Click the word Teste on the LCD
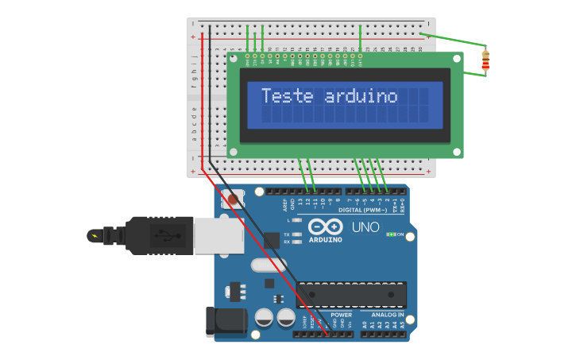288,96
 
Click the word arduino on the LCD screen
361,96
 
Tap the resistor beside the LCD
485,60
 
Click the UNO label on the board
365,227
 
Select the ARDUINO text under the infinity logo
326,239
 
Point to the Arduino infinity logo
326,226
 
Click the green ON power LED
390,234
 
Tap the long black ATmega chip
351,294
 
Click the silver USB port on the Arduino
218,236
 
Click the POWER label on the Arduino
341,315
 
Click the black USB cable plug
159,236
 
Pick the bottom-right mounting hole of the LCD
456,151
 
